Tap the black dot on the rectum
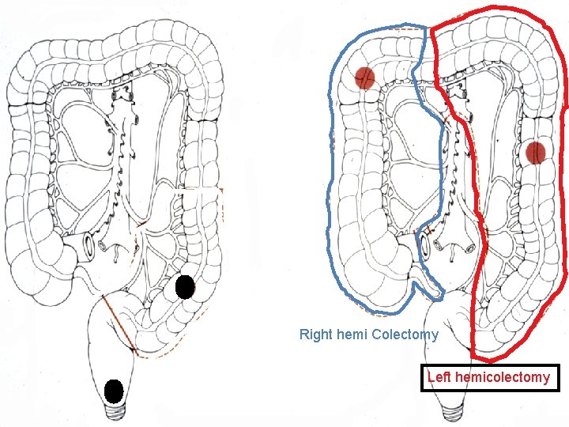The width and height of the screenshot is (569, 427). pos(114,391)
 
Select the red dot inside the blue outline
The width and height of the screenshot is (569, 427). pos(364,78)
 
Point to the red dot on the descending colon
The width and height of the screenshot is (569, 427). pos(536,152)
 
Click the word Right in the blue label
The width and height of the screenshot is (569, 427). pos(315,334)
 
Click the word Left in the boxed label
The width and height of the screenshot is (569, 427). pos(439,377)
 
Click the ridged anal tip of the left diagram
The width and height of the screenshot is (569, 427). pos(115,411)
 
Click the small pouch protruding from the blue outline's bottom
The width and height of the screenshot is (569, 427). pos(434,287)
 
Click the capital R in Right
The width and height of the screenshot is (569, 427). pos(303,334)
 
